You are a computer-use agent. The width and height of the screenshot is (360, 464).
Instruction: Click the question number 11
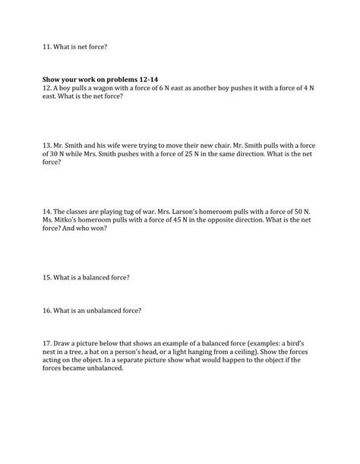tap(47, 47)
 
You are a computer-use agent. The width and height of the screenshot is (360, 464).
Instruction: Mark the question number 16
tap(47, 310)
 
